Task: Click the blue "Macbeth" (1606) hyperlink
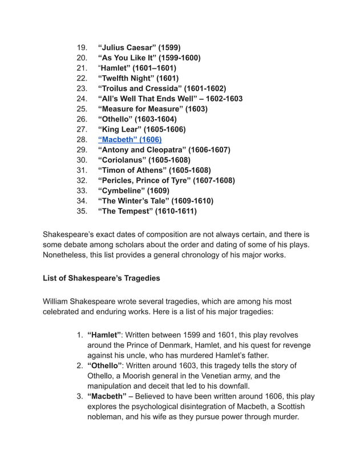pos(130,140)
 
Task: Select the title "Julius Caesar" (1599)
pos(139,47)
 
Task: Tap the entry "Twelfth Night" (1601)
pos(138,78)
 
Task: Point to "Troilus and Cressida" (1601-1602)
pos(162,88)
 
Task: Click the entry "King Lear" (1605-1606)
pos(141,129)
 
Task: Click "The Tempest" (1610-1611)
pos(147,212)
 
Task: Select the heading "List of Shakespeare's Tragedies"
pos(102,279)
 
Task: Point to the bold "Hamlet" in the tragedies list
pos(105,335)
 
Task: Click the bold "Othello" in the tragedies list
pos(106,366)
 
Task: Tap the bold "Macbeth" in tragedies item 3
pos(107,397)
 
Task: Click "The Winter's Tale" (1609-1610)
pos(155,201)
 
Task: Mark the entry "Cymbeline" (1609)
pos(134,191)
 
